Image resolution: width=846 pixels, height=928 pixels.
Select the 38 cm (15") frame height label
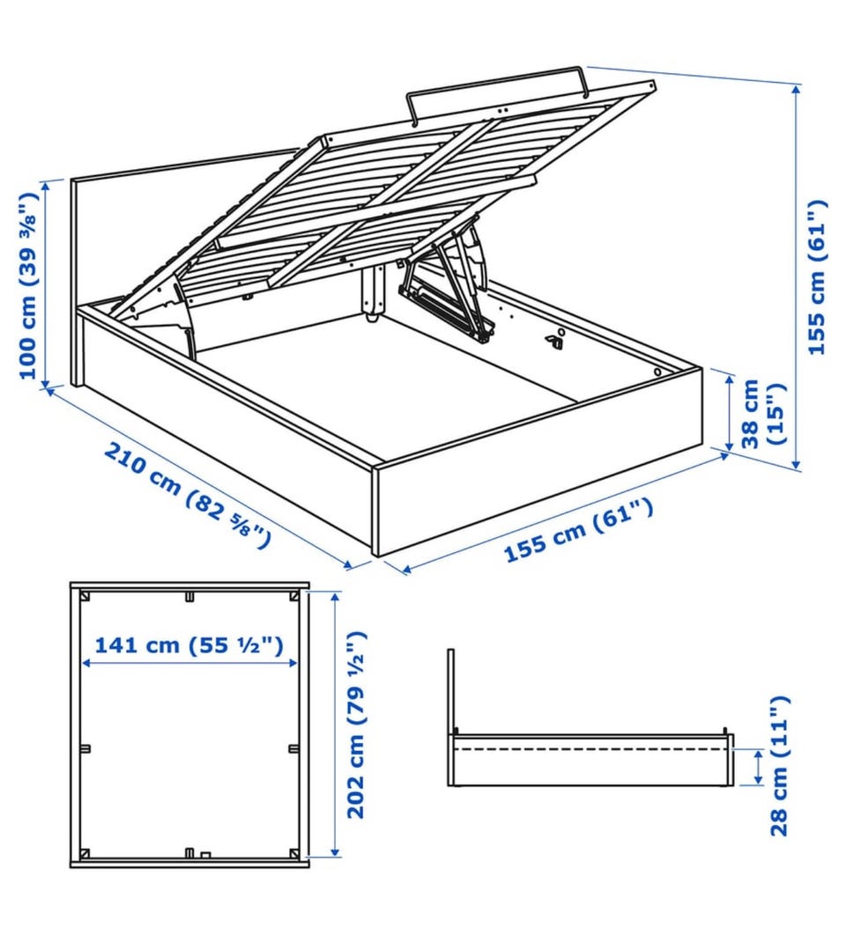pos(764,414)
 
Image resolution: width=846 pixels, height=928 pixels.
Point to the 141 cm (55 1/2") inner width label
pos(189,644)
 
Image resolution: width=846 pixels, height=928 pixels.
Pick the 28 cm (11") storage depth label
pos(780,766)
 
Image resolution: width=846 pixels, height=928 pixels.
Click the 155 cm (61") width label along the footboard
pos(578,530)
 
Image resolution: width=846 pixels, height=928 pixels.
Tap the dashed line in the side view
pos(590,749)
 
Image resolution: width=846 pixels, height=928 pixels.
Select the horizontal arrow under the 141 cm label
pos(189,664)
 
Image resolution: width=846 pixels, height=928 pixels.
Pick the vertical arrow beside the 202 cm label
pos(336,725)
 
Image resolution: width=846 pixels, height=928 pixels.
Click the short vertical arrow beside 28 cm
pos(758,767)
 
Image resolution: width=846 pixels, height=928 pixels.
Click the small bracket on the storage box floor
pos(555,338)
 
